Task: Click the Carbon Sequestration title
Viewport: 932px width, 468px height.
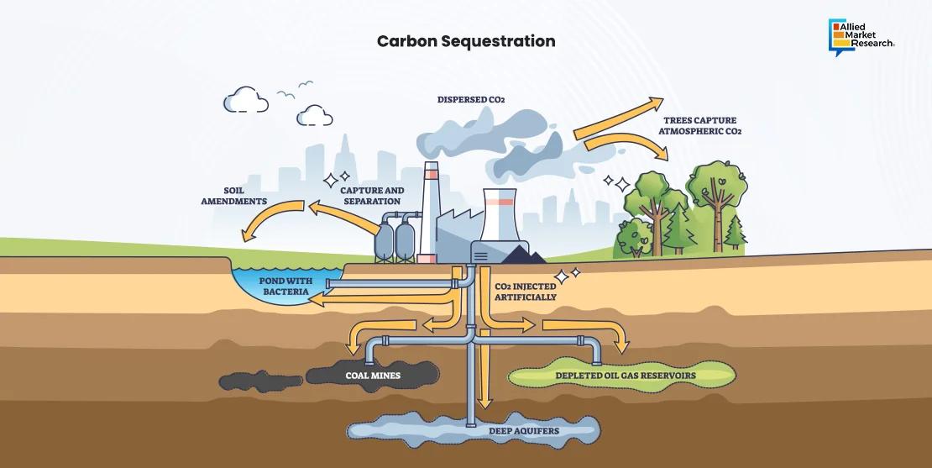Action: (465, 41)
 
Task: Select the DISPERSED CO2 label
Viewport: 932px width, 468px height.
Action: (470, 100)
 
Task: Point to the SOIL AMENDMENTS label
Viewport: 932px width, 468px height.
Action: (233, 196)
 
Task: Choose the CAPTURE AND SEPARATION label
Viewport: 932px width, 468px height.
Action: (372, 196)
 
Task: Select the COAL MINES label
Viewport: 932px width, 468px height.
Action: (373, 376)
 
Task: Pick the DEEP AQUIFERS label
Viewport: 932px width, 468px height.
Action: (524, 431)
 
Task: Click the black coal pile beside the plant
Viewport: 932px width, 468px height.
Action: (524, 253)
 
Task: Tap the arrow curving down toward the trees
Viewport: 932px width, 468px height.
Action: (626, 144)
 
